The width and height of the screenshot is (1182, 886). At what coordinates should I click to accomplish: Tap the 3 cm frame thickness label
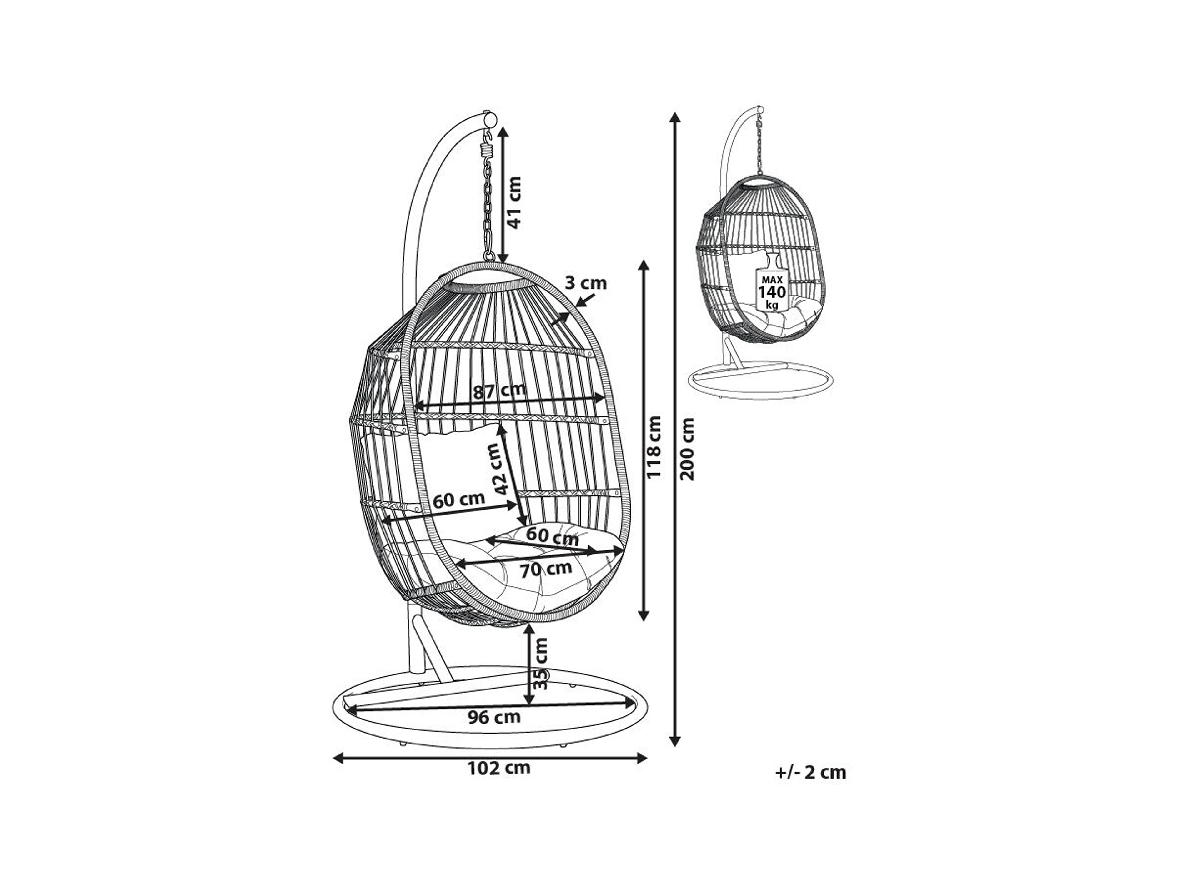click(586, 283)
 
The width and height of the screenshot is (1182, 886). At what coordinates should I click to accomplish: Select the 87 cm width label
click(500, 391)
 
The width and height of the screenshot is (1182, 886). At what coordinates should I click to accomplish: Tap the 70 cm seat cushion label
click(546, 569)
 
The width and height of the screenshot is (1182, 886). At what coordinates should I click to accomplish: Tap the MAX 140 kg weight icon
click(772, 286)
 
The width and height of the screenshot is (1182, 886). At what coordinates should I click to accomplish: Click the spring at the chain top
click(487, 145)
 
